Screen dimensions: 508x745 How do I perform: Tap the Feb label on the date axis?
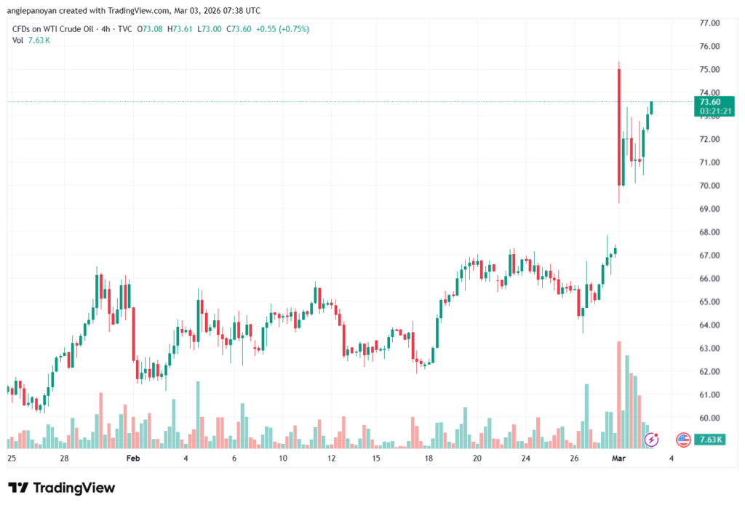point(132,459)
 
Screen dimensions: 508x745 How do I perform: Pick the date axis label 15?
point(377,459)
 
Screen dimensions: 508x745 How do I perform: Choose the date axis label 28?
point(65,459)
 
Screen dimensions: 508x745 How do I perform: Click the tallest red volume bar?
point(619,394)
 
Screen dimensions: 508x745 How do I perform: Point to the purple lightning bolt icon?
point(652,439)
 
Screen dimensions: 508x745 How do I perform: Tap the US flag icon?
point(682,439)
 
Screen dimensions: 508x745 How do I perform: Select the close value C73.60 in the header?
point(239,29)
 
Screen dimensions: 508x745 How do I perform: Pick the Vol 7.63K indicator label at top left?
point(31,40)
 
